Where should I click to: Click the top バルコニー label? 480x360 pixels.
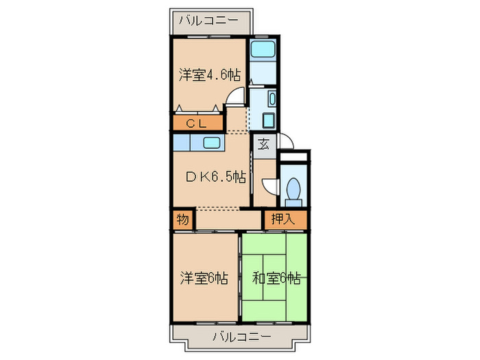209,21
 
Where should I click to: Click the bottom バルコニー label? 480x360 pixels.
241,337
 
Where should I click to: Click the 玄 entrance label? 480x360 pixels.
263,144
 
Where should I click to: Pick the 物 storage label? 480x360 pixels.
182,220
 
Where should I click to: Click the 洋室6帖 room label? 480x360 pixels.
204,278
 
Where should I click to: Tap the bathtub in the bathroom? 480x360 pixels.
261,49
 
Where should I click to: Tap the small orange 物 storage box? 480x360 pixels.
182,220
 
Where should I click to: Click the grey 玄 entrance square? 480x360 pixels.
263,144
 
